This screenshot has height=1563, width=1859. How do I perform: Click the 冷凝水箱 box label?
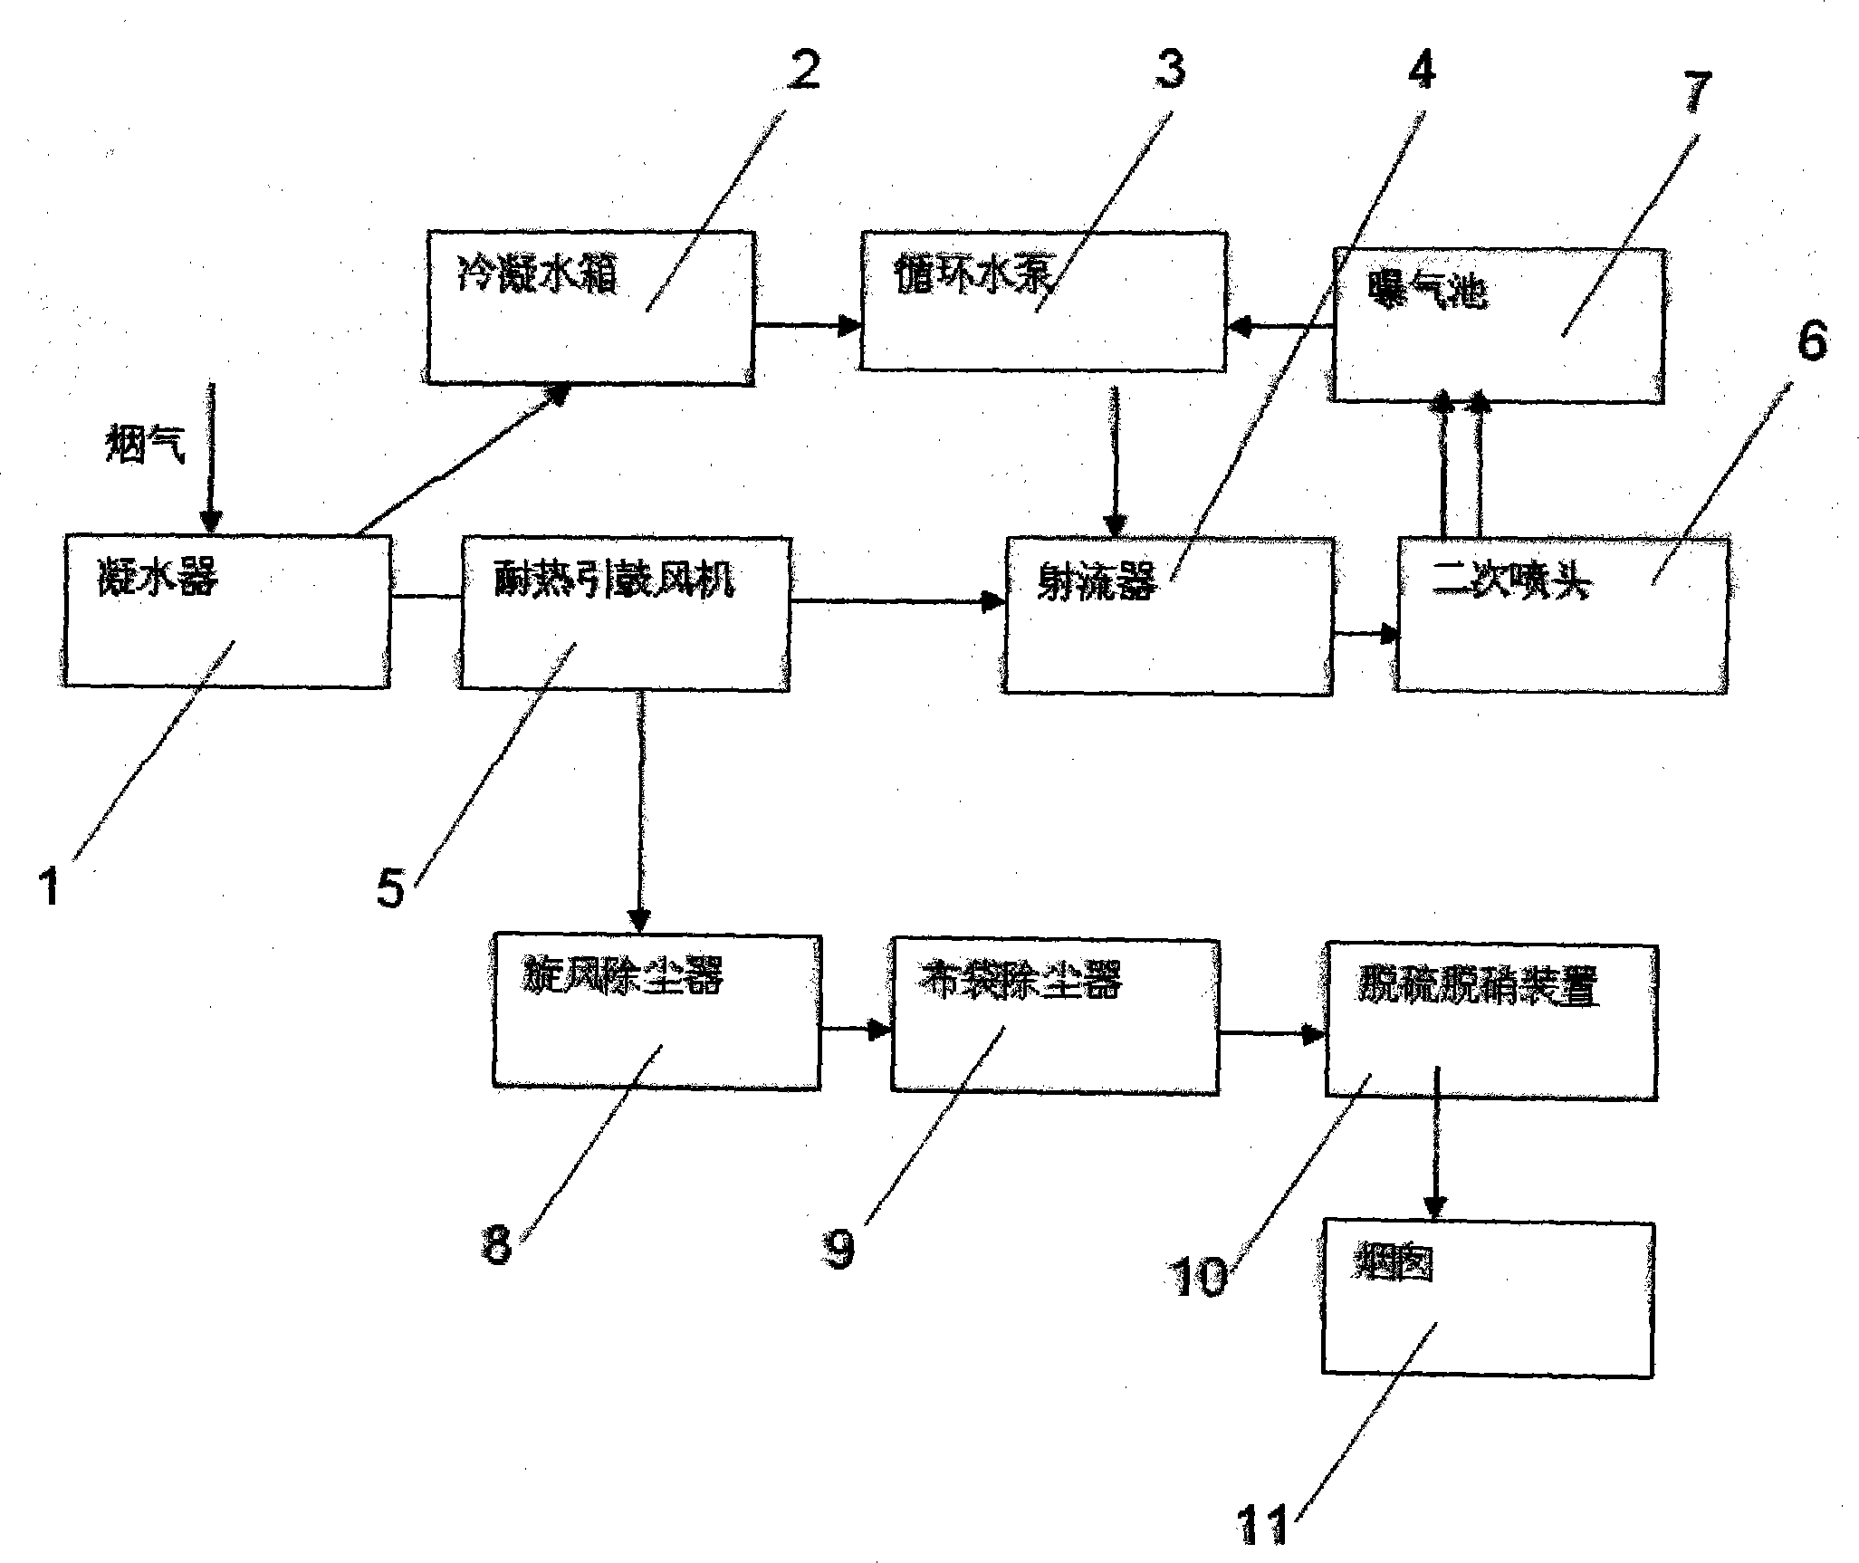[536, 273]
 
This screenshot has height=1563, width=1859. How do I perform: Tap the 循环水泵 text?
[974, 274]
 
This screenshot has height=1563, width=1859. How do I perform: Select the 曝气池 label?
[1426, 292]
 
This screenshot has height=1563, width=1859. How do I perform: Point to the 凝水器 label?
[158, 576]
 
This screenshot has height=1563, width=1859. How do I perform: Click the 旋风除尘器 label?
[623, 977]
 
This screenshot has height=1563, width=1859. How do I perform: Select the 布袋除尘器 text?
[1021, 979]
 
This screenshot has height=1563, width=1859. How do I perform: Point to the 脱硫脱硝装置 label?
[1477, 986]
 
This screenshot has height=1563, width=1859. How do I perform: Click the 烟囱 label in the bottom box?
[1394, 1262]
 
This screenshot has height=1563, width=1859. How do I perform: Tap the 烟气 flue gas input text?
[145, 446]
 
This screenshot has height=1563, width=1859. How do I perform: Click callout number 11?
[1263, 1524]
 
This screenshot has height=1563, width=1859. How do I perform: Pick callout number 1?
[50, 886]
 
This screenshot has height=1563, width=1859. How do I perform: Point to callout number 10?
[1200, 1275]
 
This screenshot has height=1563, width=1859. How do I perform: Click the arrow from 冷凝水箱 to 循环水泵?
[807, 325]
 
